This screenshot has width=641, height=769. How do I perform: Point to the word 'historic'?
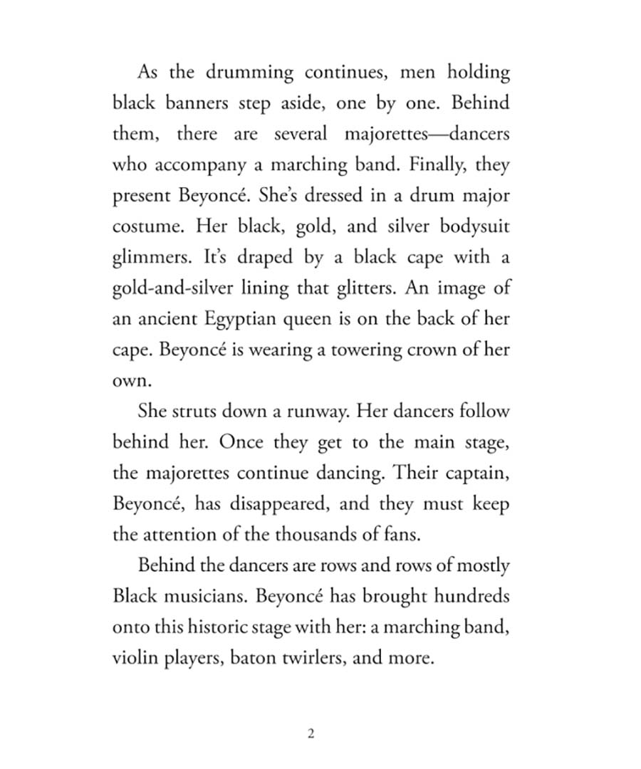(214, 627)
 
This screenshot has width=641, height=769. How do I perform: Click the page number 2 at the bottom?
(311, 734)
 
